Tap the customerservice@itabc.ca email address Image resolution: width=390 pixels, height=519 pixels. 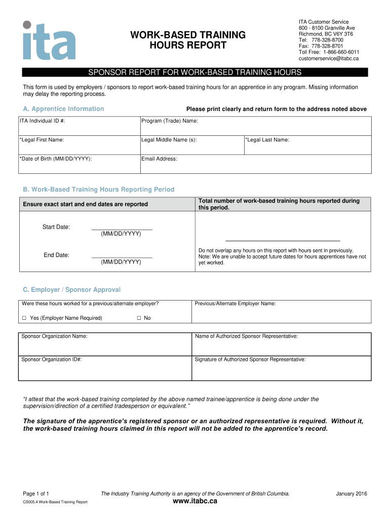point(328,58)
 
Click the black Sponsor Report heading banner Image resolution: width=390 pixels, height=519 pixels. point(195,72)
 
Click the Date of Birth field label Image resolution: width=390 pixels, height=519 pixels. point(56,159)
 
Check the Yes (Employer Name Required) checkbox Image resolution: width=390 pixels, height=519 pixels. point(24,318)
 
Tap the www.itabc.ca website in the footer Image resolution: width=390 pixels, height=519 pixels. point(195,501)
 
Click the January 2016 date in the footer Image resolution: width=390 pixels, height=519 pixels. point(352,494)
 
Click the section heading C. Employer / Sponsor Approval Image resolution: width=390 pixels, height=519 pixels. point(71,290)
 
